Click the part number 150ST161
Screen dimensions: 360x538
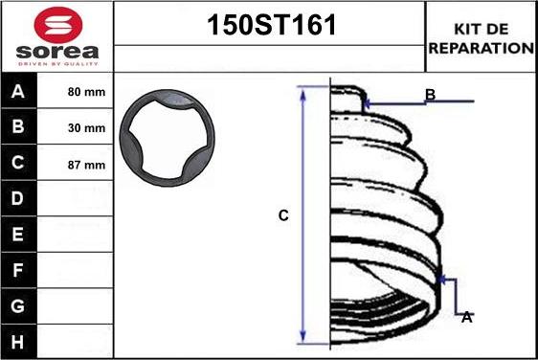pyautogui.click(x=272, y=26)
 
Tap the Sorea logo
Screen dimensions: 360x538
pyautogui.click(x=56, y=35)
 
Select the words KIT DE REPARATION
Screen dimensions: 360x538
pyautogui.click(x=481, y=37)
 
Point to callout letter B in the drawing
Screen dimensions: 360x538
pyautogui.click(x=430, y=95)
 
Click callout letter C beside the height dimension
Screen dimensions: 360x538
pyautogui.click(x=283, y=216)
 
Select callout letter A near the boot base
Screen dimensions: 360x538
pyautogui.click(x=466, y=317)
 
